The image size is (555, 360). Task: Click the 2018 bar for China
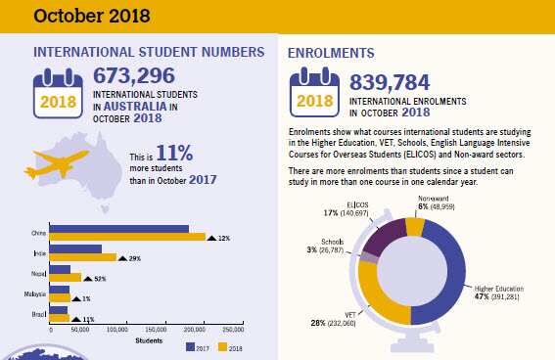pyautogui.click(x=126, y=237)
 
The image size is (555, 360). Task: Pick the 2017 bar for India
pyautogui.click(x=74, y=248)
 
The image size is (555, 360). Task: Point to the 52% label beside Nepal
pyautogui.click(x=100, y=278)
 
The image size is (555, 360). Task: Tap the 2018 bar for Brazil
pyautogui.click(x=58, y=319)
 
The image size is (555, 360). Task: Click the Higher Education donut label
pyautogui.click(x=502, y=290)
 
